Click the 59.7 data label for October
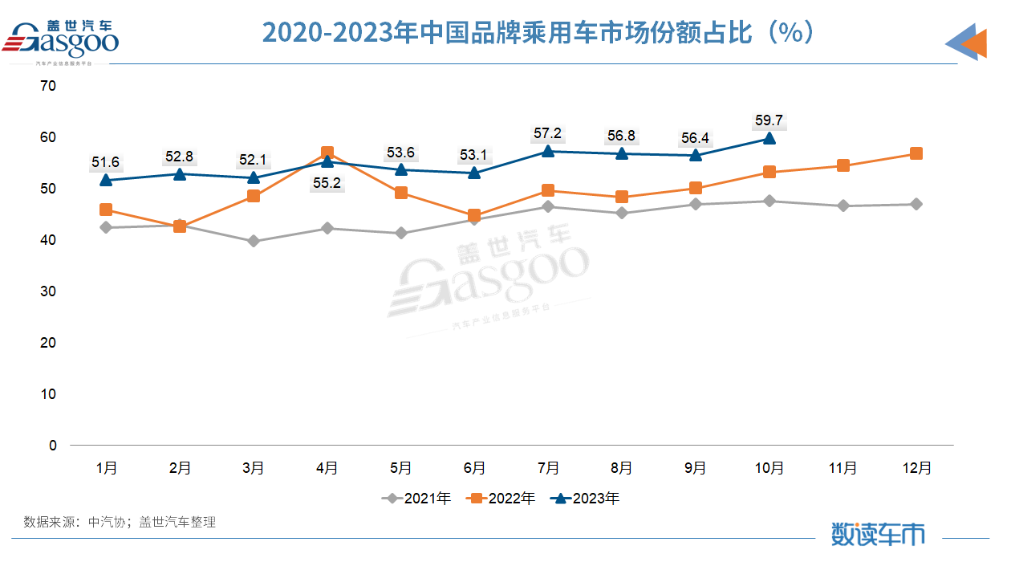point(769,121)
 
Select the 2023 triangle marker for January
point(105,180)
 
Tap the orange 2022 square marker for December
point(916,153)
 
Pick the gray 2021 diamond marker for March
point(254,241)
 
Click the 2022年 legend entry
point(502,499)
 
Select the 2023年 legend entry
point(587,499)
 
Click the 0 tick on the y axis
point(53,446)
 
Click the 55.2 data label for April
point(327,183)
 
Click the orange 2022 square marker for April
point(327,153)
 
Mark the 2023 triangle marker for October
point(769,138)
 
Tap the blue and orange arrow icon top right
point(966,42)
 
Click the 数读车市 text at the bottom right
point(878,534)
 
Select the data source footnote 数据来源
point(120,522)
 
